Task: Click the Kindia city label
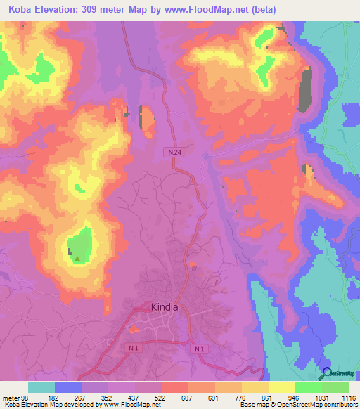click(165, 307)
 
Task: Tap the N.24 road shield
click(174, 152)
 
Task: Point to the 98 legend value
click(25, 398)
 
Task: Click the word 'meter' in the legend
click(11, 398)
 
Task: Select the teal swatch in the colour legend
click(41, 387)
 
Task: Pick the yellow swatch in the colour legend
click(281, 387)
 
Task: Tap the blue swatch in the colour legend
click(68, 387)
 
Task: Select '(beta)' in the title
click(260, 10)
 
